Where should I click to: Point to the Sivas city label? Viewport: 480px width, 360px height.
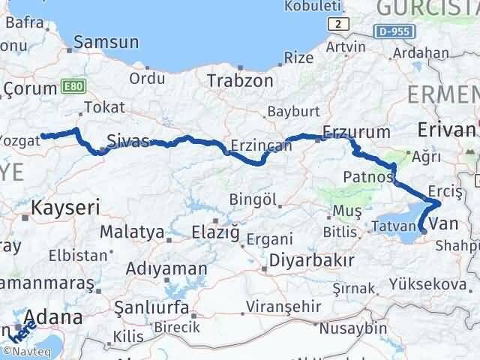tap(129, 140)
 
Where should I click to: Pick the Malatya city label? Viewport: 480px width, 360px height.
tap(131, 231)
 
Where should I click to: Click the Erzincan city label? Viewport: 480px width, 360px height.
tap(261, 145)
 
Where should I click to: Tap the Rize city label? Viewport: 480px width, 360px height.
tap(299, 57)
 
